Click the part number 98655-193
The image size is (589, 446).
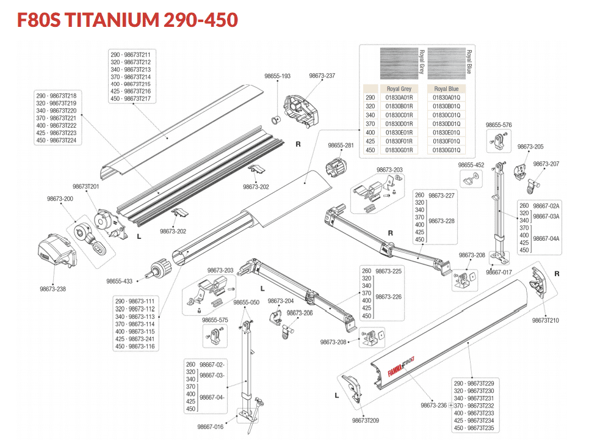point(277,76)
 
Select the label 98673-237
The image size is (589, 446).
point(322,76)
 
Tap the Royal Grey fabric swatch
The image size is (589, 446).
point(399,63)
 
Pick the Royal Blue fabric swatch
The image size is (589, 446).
point(447,63)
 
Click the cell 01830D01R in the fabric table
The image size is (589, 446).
point(399,124)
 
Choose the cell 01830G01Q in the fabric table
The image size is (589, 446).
point(446,150)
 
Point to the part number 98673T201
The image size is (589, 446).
point(85,186)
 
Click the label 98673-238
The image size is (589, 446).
point(52,289)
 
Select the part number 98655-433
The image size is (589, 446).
point(120,281)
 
